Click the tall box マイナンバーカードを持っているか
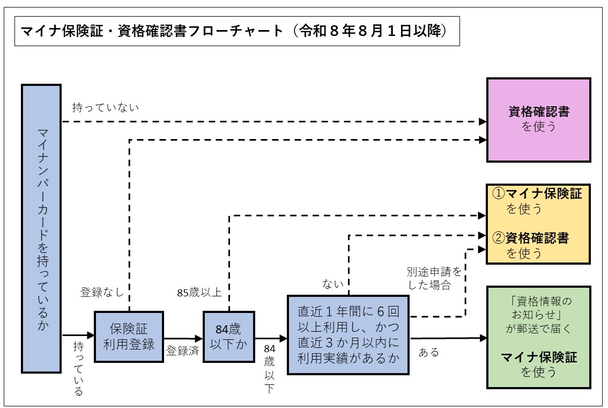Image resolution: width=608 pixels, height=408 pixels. coord(41,228)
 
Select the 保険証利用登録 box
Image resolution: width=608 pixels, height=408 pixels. coord(129,337)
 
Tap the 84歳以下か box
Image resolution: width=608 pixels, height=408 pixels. coord(229,337)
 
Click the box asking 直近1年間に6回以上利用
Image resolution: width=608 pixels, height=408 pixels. coord(349,334)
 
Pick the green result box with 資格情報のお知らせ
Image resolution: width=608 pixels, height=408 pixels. coord(538,337)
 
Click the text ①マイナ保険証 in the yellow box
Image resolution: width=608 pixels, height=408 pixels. coord(537,193)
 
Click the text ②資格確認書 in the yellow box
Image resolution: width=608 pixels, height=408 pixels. coord(530,237)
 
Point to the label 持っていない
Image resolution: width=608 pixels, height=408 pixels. coord(106,107)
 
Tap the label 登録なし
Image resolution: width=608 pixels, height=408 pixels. coord(102,293)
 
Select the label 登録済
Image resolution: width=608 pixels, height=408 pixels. coord(182,351)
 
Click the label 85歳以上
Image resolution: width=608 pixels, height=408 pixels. coord(199,293)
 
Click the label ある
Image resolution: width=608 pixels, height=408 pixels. coord(428,352)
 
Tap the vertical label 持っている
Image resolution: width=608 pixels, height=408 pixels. coord(78,368)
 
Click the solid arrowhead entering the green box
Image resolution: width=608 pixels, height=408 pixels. coord(483,338)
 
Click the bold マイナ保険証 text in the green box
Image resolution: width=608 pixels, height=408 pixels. coord(539,358)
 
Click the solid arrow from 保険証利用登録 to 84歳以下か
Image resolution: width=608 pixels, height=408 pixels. coord(182,338)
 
